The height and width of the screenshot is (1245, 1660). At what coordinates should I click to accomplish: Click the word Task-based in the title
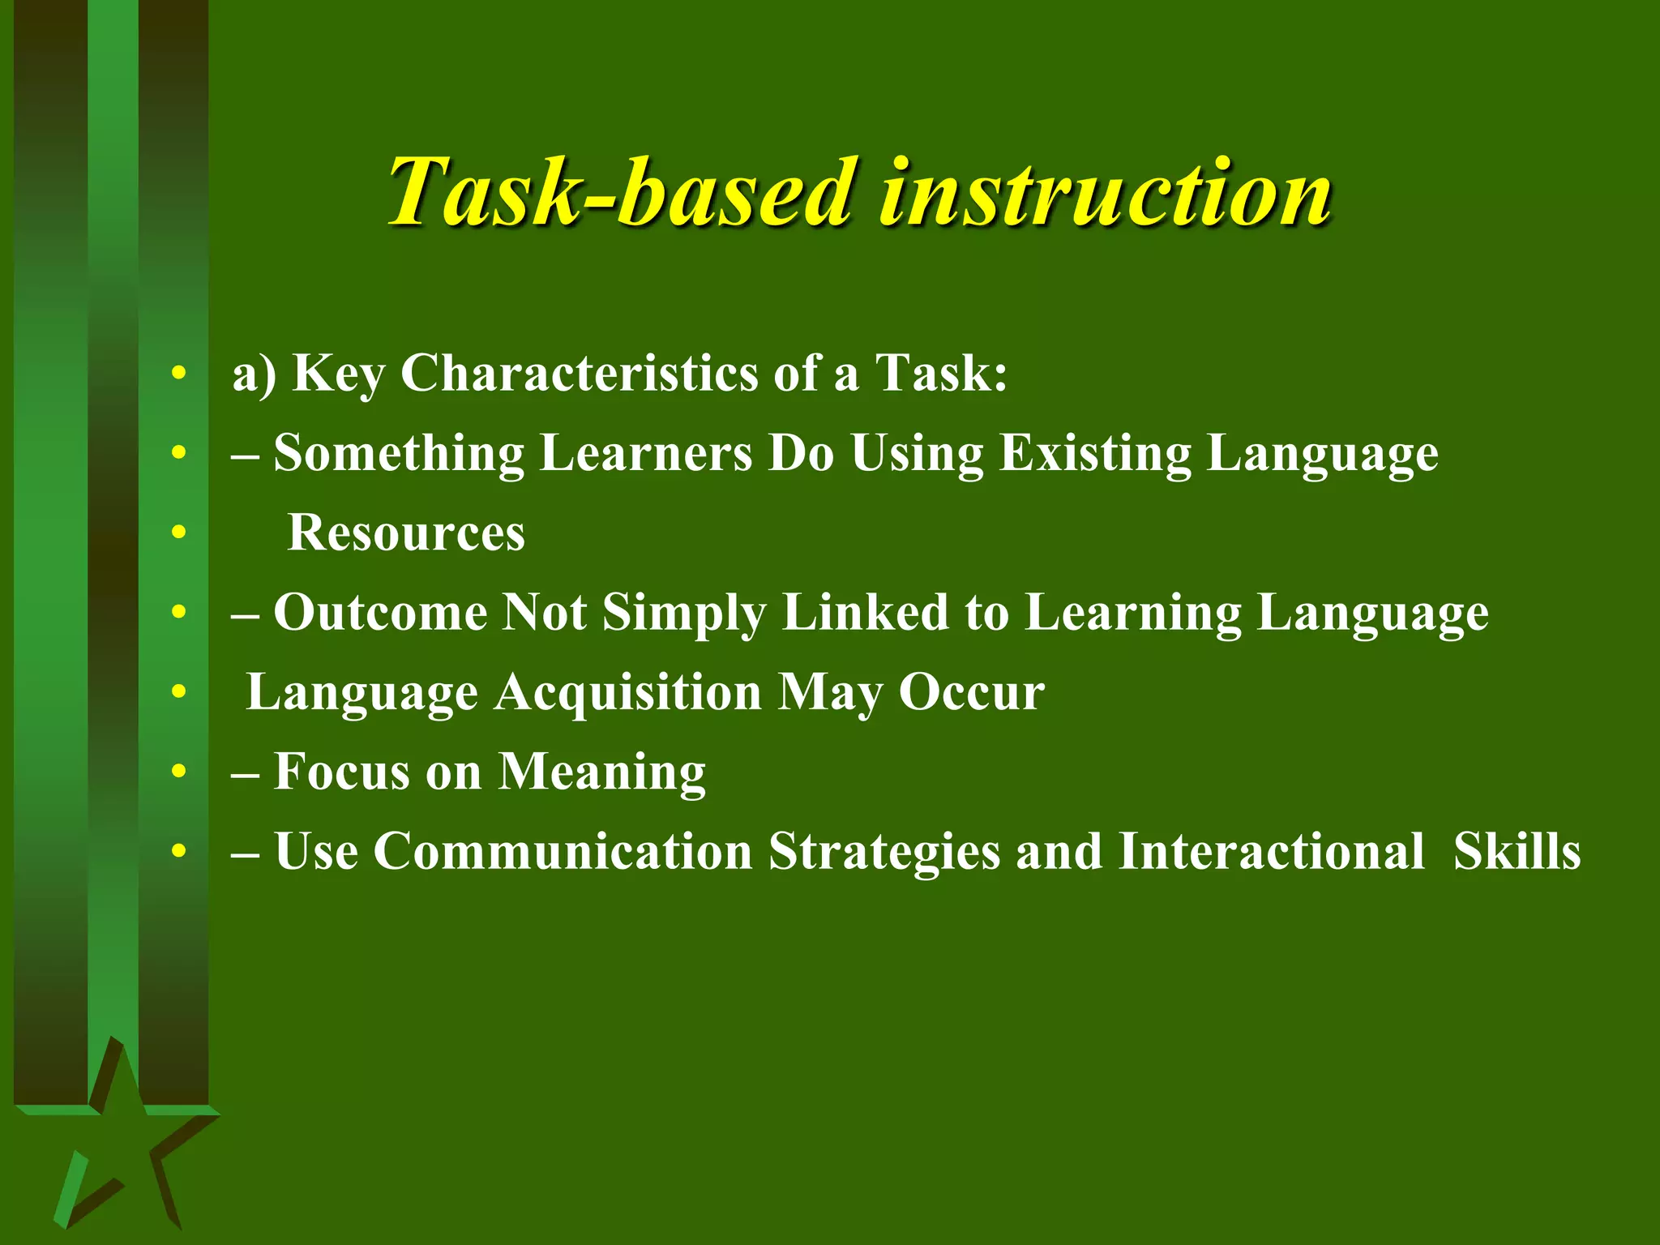click(620, 193)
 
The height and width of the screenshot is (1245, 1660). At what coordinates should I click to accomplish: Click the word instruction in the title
click(1106, 193)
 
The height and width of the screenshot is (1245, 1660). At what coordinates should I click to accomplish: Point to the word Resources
click(406, 533)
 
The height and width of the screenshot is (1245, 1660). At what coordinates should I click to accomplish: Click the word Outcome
click(380, 612)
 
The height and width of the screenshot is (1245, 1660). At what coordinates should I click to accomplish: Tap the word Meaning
click(601, 772)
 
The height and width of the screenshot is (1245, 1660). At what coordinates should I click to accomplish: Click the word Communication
click(563, 852)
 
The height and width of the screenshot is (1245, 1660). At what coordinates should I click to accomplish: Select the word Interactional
click(1270, 852)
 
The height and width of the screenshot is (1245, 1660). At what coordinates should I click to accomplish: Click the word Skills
click(1517, 852)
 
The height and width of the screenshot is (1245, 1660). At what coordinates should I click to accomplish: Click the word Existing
click(1095, 453)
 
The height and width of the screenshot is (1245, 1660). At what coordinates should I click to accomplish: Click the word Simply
click(684, 614)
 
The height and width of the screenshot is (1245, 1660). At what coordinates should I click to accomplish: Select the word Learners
click(646, 453)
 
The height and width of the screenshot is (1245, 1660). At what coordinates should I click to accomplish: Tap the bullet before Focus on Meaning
click(179, 772)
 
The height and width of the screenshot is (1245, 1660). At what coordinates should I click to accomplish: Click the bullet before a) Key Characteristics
click(179, 374)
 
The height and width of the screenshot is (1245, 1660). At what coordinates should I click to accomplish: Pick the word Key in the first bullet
click(339, 375)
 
